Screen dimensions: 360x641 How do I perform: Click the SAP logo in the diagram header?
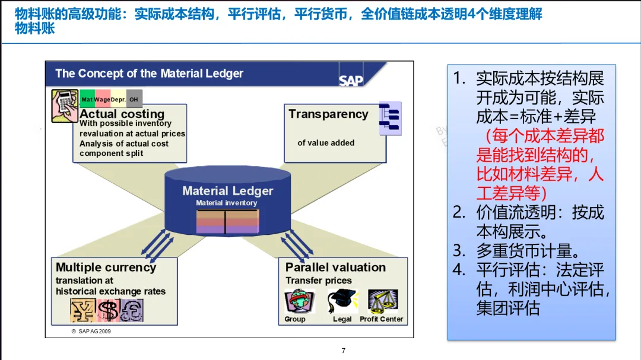[351, 80]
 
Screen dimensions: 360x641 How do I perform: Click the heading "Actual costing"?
[122, 114]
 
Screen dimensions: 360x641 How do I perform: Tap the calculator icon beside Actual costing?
[65, 106]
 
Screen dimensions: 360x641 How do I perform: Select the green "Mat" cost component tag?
[87, 100]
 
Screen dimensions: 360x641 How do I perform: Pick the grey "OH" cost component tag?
[134, 100]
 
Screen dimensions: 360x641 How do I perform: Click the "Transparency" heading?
[328, 114]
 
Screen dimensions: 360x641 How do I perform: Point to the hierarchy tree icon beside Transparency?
[391, 118]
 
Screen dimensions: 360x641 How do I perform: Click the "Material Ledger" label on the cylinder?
[228, 191]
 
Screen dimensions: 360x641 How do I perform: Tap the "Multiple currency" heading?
[106, 267]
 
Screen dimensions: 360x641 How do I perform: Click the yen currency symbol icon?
[82, 310]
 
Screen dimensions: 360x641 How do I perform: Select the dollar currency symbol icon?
[107, 310]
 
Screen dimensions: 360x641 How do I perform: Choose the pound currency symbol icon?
[131, 310]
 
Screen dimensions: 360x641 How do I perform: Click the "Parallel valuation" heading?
[335, 267]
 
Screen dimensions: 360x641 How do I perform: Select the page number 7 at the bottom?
[343, 351]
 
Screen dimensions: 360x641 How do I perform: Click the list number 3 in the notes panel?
[459, 250]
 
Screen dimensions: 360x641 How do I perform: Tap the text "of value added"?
[326, 143]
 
